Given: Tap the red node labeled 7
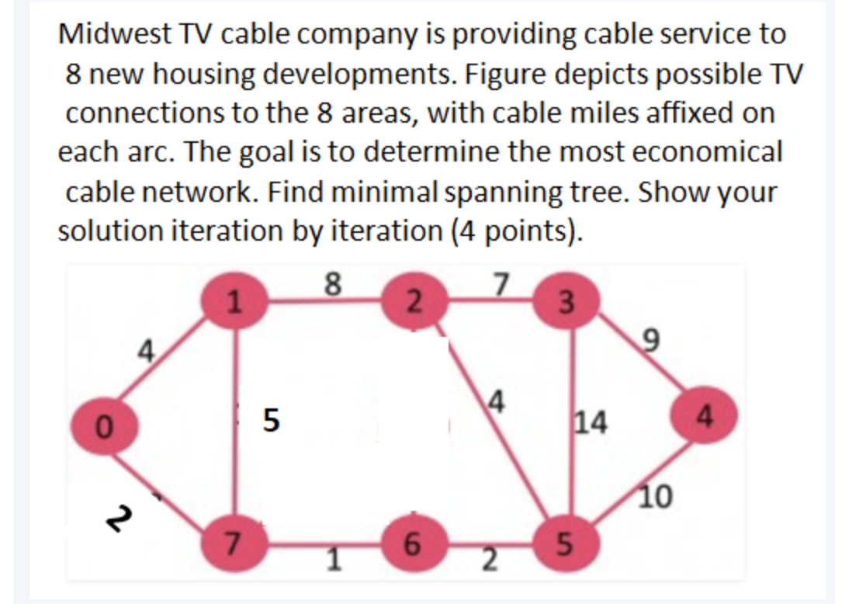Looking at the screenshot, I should point(231,541).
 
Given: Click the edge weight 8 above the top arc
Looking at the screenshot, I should point(332,286).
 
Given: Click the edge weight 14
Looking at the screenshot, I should point(594,423).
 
